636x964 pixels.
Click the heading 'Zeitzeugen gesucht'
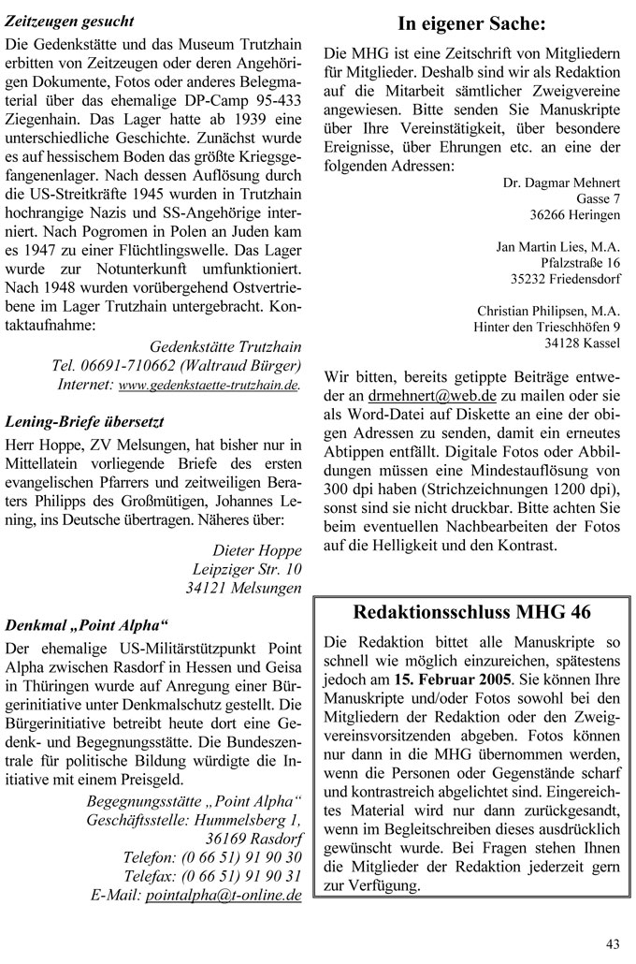(x=70, y=20)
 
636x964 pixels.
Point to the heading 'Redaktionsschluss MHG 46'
(x=472, y=613)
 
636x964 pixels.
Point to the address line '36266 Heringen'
(x=574, y=214)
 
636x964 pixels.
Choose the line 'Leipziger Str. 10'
(x=247, y=568)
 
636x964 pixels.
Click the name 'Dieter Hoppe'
(x=257, y=548)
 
